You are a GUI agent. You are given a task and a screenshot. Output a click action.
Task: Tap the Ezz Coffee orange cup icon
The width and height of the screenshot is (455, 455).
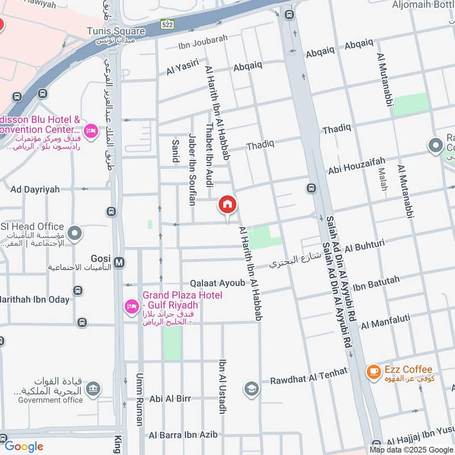373,372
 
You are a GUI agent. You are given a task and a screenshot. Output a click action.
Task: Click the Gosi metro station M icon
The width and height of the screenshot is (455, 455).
119,262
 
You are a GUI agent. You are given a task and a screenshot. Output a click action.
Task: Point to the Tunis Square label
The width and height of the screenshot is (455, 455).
116,31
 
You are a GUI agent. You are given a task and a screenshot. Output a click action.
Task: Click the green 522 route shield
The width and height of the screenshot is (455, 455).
167,24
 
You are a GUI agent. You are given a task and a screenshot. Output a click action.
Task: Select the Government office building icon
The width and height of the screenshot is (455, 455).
94,389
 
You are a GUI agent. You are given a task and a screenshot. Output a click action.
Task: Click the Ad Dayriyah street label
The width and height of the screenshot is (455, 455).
35,189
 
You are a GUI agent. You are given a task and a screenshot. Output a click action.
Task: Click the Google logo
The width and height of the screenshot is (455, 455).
23,446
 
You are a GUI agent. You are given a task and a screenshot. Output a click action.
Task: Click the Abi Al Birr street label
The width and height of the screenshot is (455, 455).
170,399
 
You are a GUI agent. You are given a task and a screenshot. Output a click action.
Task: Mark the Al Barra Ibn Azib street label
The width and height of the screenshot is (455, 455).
183,435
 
